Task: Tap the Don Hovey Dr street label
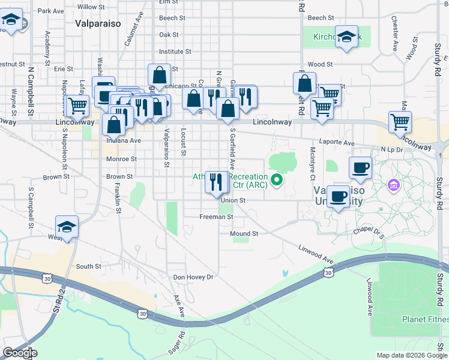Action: [193, 277]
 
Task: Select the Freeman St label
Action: [216, 217]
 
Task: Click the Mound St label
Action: [244, 233]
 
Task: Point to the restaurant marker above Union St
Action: [216, 181]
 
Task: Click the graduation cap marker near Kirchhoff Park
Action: [346, 37]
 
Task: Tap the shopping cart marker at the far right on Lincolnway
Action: [399, 122]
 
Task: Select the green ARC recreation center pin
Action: [276, 179]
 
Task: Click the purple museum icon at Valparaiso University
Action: [394, 184]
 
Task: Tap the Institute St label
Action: [175, 52]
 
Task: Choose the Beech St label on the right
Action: [321, 18]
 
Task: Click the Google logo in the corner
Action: [20, 353]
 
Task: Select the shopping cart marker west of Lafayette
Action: [77, 106]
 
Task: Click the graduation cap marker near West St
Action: [67, 227]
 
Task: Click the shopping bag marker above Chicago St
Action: [159, 75]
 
